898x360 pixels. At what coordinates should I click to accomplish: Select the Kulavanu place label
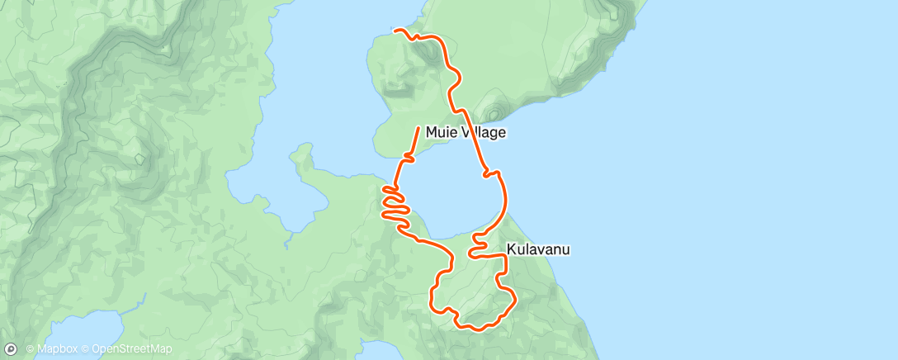pyautogui.click(x=538, y=249)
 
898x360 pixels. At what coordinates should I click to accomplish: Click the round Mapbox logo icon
pyautogui.click(x=11, y=349)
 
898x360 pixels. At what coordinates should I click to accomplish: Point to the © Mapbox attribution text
pyautogui.click(x=54, y=349)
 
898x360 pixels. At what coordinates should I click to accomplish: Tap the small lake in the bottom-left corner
pyautogui.click(x=83, y=330)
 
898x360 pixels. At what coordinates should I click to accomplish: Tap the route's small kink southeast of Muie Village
pyautogui.click(x=493, y=173)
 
